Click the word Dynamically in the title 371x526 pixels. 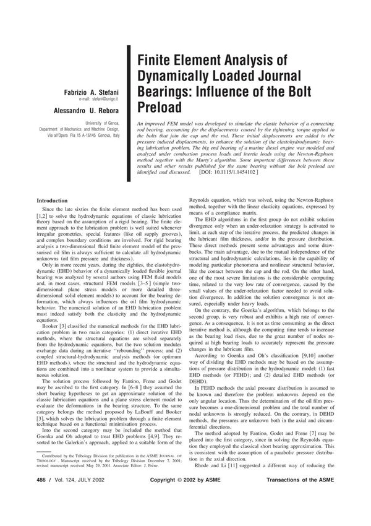(x=181, y=77)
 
